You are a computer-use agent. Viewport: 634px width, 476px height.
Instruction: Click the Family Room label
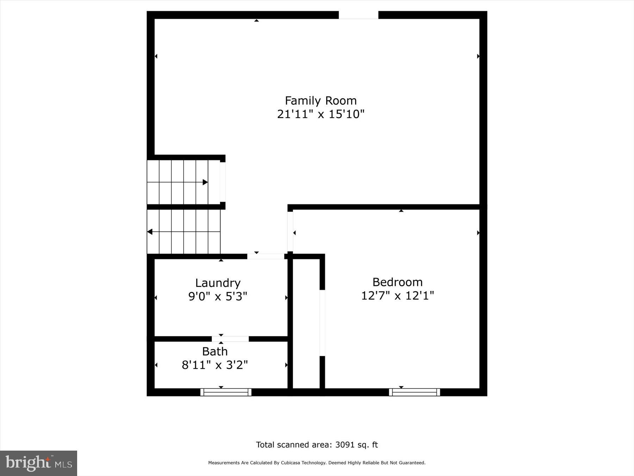[x=321, y=101]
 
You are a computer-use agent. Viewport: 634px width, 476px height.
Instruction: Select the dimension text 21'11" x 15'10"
[x=321, y=114]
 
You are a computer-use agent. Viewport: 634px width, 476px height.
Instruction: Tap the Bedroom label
[x=397, y=282]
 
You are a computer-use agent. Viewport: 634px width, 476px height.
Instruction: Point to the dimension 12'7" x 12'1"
[x=397, y=295]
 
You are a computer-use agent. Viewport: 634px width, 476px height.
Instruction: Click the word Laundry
[x=218, y=283]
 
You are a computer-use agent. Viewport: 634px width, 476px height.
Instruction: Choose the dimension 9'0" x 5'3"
[x=218, y=296]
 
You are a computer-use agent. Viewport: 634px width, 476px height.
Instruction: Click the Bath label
[x=215, y=352]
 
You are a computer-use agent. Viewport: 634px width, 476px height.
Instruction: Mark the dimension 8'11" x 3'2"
[x=215, y=365]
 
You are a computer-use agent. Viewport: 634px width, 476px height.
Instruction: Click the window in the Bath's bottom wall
[x=226, y=392]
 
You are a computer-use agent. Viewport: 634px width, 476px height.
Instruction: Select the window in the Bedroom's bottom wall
[x=414, y=392]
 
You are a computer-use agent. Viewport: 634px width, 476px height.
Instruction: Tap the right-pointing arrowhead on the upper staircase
[x=205, y=182]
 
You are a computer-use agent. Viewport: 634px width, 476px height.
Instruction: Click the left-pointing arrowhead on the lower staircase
[x=150, y=232]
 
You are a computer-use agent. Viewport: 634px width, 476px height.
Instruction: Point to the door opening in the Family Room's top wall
[x=358, y=15]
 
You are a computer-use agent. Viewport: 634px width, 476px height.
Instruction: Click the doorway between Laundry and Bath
[x=230, y=339]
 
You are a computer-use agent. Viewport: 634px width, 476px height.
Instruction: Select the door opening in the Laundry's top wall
[x=266, y=256]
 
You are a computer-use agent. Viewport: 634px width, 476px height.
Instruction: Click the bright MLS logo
[x=38, y=463]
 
